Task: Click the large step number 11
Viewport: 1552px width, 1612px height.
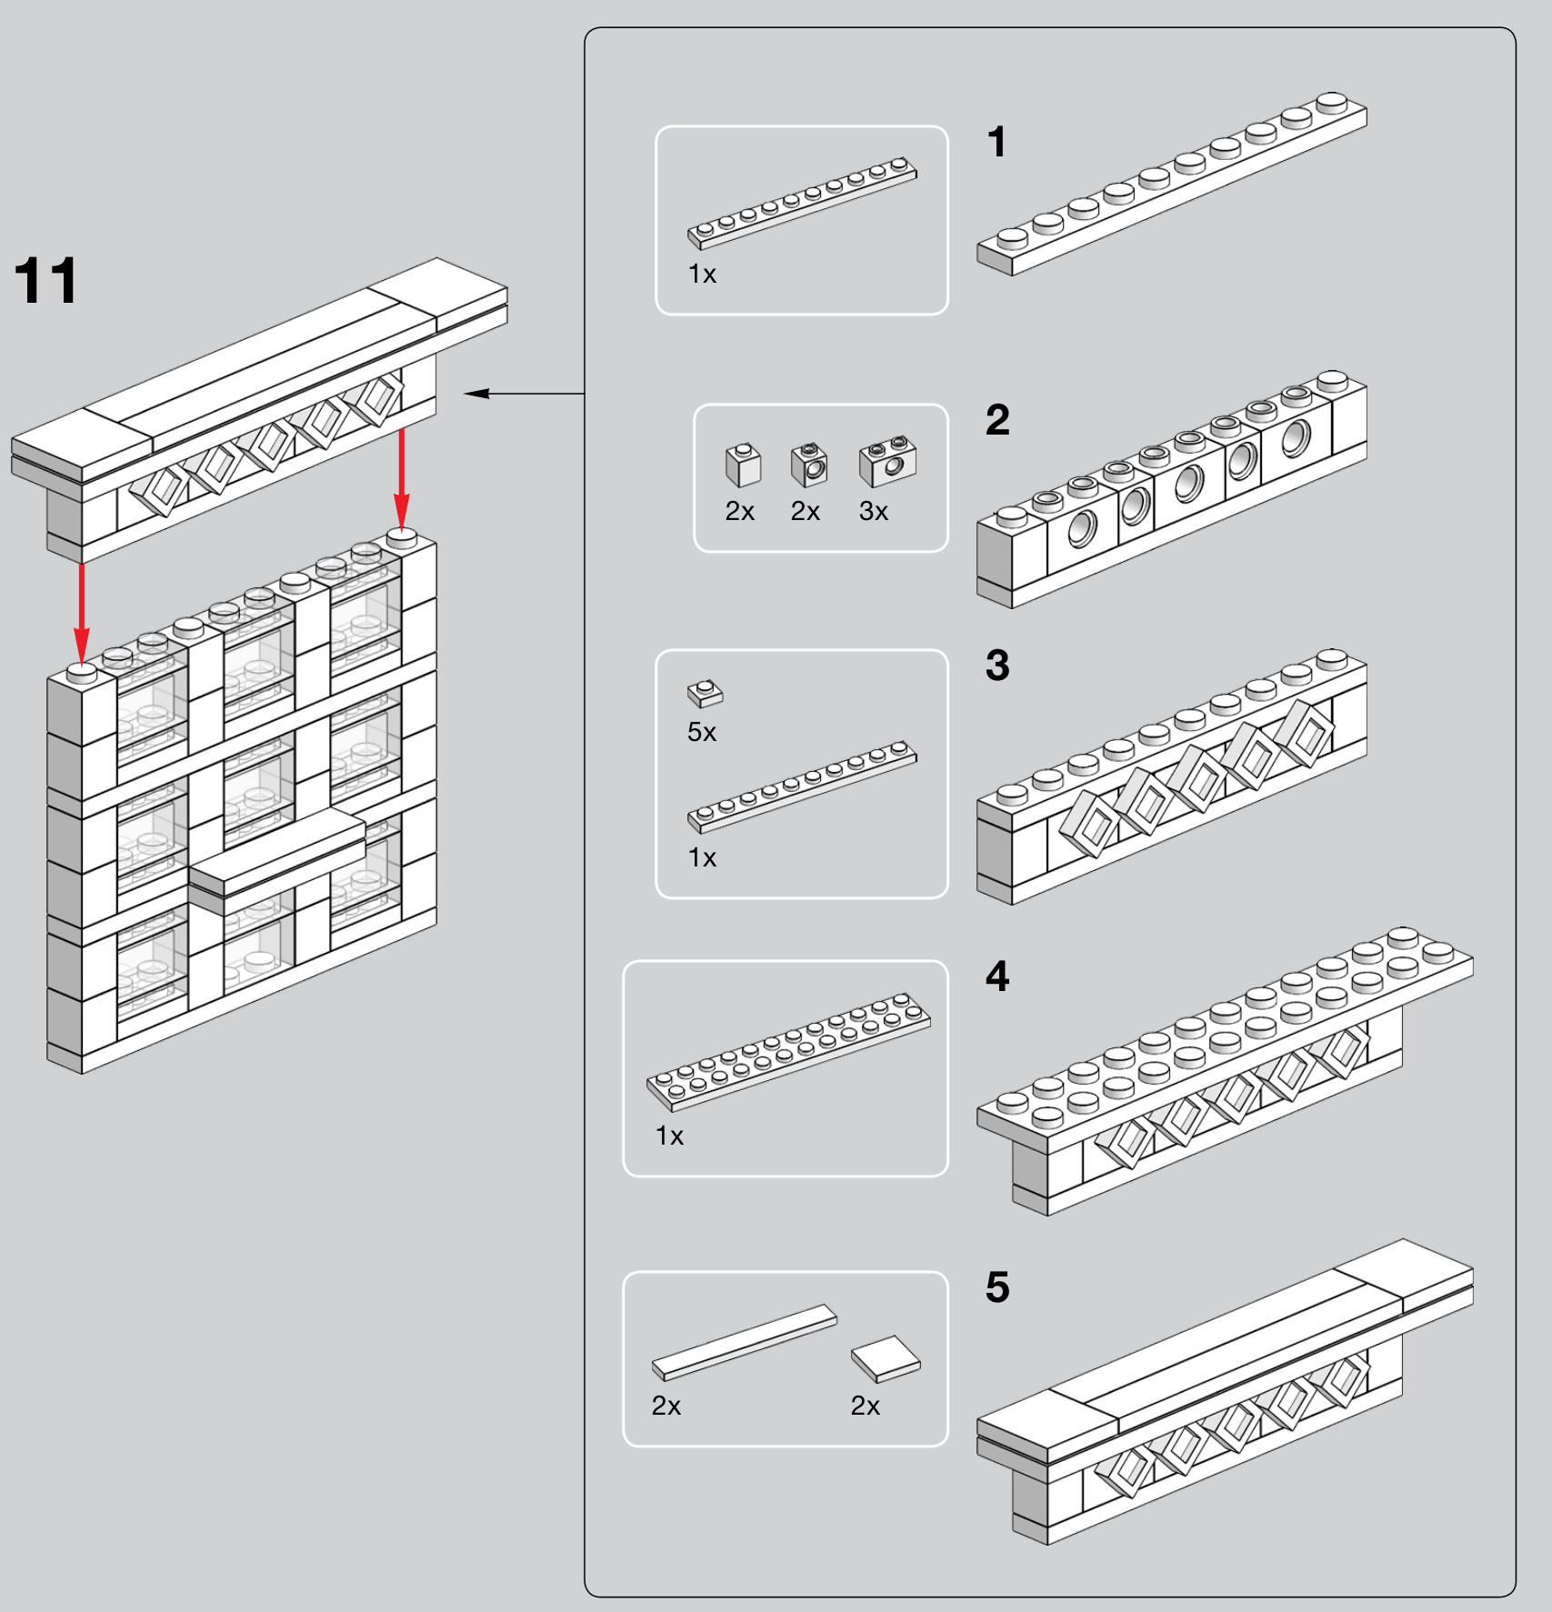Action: (x=46, y=281)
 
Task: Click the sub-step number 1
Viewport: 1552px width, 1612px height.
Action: (x=996, y=143)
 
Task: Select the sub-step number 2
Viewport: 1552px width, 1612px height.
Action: (x=997, y=420)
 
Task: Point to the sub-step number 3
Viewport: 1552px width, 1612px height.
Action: (x=997, y=666)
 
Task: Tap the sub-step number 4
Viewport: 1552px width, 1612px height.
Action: (x=997, y=976)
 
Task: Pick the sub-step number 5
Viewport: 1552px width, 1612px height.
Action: (x=997, y=1287)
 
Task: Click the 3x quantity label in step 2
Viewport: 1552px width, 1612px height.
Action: (x=873, y=512)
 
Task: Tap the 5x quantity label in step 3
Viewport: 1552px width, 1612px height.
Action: (x=702, y=732)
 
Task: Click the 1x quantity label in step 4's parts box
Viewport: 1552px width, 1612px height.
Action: (x=669, y=1136)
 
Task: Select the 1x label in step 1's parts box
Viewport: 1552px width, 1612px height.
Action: (x=702, y=274)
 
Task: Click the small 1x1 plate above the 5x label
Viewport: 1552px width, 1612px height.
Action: (x=705, y=693)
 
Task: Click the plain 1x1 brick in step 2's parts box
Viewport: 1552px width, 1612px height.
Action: (x=743, y=465)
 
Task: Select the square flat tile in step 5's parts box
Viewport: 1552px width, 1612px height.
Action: (x=886, y=1358)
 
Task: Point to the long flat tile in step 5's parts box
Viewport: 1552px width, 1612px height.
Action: (x=745, y=1342)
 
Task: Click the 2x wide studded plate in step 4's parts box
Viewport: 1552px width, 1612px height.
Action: (x=788, y=1052)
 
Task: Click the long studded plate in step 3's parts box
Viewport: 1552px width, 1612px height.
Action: (x=802, y=786)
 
